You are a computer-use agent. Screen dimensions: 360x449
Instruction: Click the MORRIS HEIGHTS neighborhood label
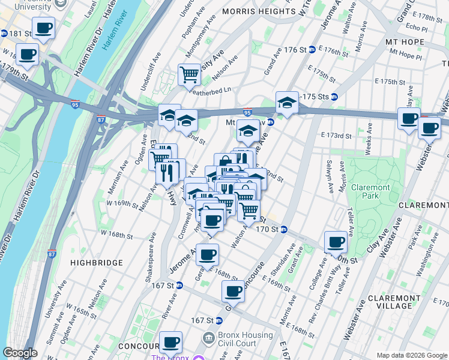tap(256, 11)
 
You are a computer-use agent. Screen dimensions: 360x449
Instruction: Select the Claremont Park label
tap(370, 192)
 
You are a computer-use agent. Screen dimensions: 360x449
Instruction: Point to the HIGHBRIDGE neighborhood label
tap(96, 263)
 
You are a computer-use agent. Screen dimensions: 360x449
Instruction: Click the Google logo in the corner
tap(20, 353)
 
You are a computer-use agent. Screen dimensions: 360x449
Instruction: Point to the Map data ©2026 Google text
tap(412, 356)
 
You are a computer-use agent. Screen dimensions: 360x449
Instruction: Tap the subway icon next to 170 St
tap(284, 229)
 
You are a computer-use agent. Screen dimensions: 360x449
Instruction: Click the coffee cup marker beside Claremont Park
tap(336, 242)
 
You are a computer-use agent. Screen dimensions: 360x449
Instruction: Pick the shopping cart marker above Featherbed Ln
tap(189, 75)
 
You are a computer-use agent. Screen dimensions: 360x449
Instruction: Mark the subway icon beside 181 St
tap(3, 33)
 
